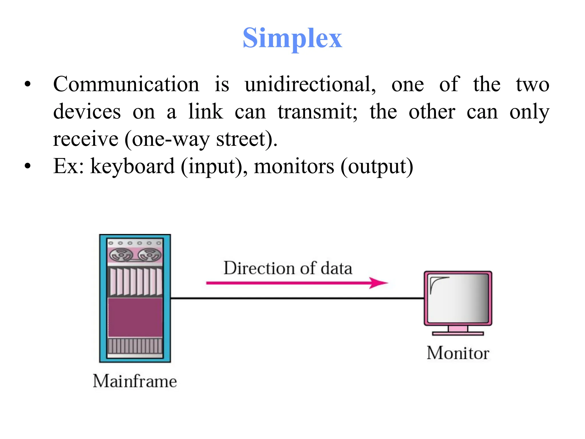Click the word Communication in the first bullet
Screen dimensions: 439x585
126,84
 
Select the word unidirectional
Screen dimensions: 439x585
310,84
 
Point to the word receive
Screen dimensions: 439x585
86,139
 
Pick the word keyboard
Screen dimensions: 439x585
132,166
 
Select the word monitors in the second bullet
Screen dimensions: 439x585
294,166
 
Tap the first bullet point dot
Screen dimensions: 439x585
27,84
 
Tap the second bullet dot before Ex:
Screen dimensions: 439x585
27,166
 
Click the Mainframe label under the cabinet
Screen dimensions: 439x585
135,381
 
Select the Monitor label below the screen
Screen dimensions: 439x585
458,353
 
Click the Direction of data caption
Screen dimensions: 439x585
288,268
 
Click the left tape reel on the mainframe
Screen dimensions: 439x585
121,255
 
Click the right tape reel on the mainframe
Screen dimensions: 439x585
149,255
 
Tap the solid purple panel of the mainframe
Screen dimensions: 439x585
135,317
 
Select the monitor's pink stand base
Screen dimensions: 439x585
458,333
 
